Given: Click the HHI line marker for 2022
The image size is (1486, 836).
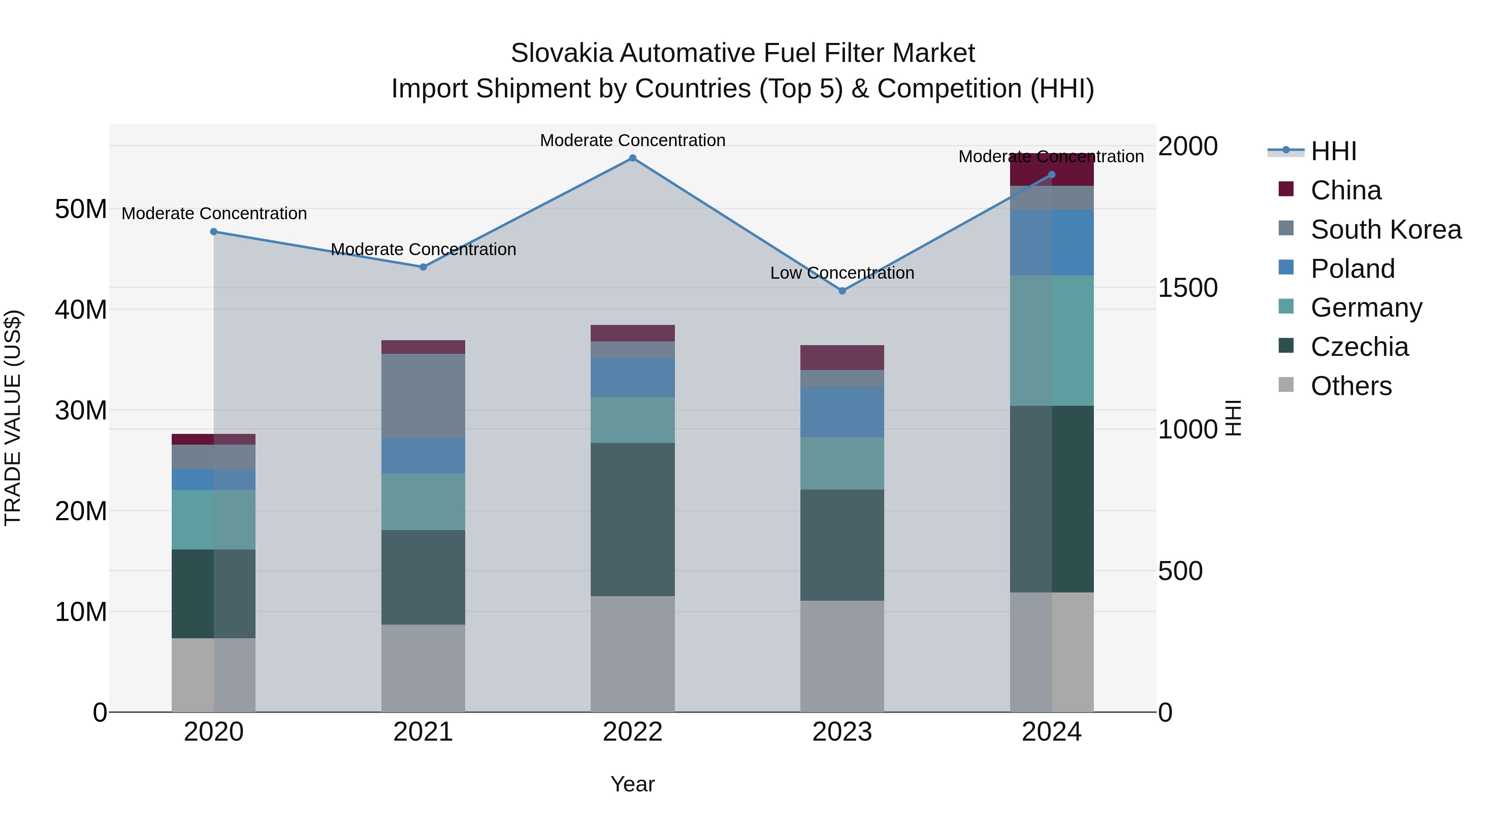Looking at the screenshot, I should coord(632,158).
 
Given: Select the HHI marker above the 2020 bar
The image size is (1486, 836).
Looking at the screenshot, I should coord(213,232).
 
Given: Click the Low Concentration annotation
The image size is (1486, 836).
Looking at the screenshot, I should coord(842,273).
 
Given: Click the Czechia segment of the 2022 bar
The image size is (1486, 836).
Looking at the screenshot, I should coord(632,519).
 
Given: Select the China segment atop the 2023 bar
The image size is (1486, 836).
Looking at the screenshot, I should coord(842,357).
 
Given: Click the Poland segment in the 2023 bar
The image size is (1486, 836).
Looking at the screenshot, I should coord(842,412).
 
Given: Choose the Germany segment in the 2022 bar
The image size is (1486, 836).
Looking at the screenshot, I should coord(632,420).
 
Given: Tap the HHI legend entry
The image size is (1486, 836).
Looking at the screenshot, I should coord(1332,151).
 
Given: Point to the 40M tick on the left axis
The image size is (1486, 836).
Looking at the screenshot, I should coord(81,310).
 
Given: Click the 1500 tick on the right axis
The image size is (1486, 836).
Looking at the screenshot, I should coord(1187,288).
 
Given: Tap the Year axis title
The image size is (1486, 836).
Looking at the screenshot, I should coord(632,784).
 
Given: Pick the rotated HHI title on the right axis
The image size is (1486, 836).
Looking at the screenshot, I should coord(1233,418).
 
